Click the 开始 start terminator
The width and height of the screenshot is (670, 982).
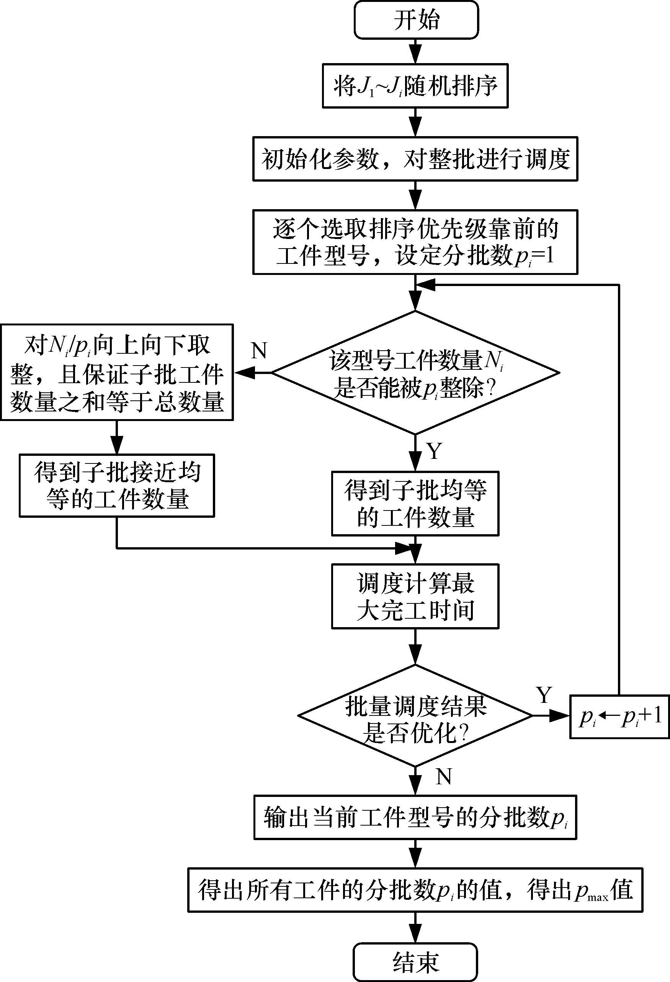(416, 20)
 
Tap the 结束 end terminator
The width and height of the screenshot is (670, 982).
(416, 962)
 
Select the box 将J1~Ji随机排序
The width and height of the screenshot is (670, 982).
(415, 86)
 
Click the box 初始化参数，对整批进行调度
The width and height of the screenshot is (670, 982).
(415, 159)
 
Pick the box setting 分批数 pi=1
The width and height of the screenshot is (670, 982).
(415, 242)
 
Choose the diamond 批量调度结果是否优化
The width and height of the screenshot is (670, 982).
(415, 715)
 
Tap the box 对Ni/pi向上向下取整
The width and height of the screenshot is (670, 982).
(117, 372)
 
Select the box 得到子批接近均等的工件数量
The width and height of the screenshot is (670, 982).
(117, 486)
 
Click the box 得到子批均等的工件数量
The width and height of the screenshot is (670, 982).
(415, 504)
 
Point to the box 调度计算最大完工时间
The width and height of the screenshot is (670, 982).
(415, 596)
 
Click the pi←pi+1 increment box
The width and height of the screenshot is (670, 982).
(620, 717)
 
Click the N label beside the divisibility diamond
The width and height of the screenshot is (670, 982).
(259, 350)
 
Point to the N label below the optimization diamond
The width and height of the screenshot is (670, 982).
(444, 777)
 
